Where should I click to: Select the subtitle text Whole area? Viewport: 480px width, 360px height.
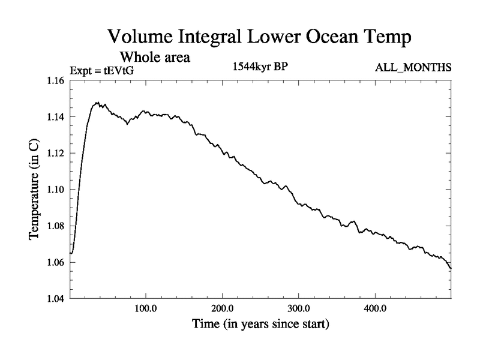(155, 58)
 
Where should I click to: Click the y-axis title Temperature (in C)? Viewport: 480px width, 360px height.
(35, 190)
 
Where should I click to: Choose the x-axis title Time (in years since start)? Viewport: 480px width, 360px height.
(260, 325)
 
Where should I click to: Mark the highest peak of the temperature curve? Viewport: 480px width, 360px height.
(97, 103)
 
